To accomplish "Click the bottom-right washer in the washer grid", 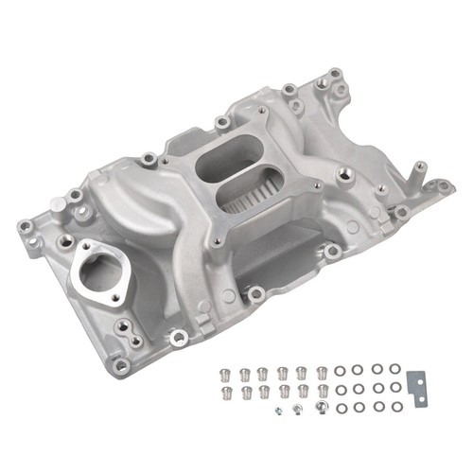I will pos(395,408).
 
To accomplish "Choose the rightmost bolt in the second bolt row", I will pos(323,390).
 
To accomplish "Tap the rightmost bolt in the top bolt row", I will pos(323,372).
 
